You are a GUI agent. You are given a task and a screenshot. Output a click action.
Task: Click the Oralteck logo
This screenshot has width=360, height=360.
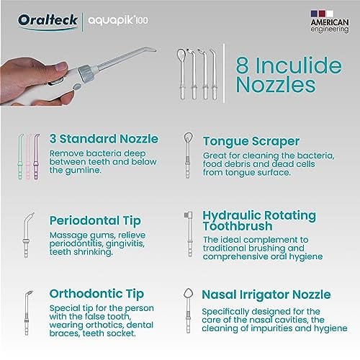pyautogui.click(x=48, y=21)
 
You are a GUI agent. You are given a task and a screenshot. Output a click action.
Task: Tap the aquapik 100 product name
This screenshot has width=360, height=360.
pyautogui.click(x=118, y=21)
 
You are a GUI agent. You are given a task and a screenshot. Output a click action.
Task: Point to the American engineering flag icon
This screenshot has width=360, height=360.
pyautogui.click(x=322, y=14)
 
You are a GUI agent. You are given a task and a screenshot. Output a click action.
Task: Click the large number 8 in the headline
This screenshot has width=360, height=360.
pyautogui.click(x=242, y=66)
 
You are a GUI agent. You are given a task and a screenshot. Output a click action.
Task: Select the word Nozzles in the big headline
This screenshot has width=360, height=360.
pyautogui.click(x=276, y=85)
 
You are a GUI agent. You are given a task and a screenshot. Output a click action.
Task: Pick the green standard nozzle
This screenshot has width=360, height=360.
pyautogui.click(x=21, y=156)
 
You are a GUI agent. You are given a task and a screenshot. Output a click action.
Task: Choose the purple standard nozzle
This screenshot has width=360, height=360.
pyautogui.click(x=36, y=156)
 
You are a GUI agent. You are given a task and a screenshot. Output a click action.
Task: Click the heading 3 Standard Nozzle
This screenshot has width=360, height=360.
pyautogui.click(x=104, y=139)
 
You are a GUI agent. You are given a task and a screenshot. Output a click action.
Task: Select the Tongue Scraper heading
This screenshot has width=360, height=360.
pyautogui.click(x=251, y=141)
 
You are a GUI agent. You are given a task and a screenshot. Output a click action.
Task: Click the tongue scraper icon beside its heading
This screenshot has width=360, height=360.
pyautogui.click(x=188, y=156)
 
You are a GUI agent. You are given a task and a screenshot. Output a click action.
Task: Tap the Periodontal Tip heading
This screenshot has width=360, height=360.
pyautogui.click(x=95, y=221)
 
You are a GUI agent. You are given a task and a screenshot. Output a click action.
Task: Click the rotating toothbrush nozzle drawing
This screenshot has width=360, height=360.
pyautogui.click(x=189, y=234)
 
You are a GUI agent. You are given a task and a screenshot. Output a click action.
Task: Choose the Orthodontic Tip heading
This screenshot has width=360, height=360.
pyautogui.click(x=96, y=294)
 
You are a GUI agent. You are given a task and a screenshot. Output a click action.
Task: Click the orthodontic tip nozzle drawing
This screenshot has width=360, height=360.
pyautogui.click(x=27, y=312)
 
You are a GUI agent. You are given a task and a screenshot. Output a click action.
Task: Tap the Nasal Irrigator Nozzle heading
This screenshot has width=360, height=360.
pyautogui.click(x=266, y=294)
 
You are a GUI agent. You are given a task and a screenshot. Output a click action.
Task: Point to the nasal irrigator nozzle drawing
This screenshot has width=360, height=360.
pyautogui.click(x=189, y=310)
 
